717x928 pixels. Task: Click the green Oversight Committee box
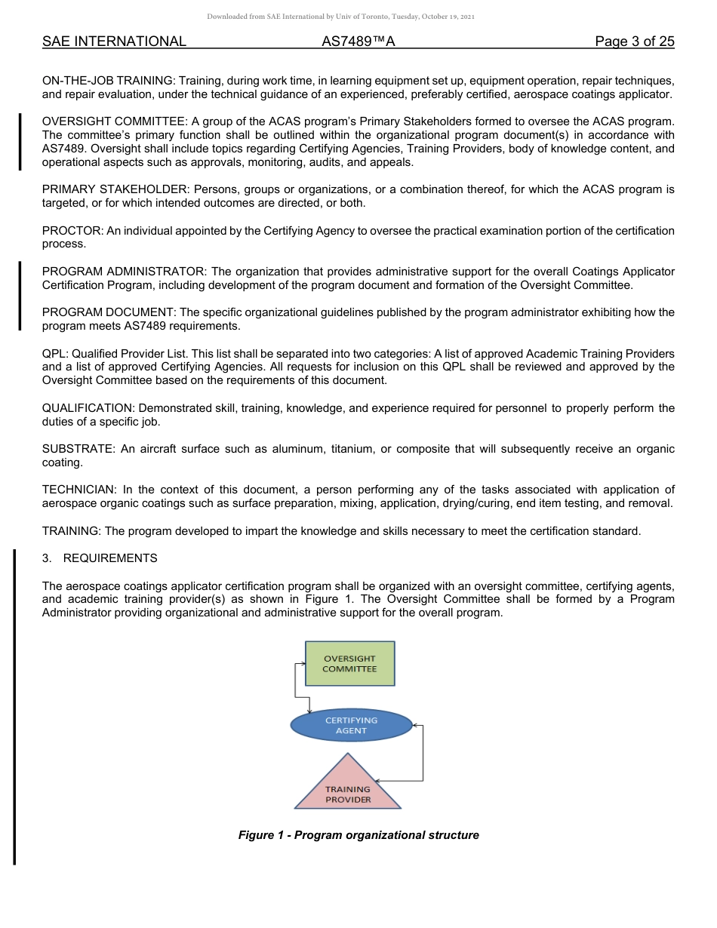coord(349,663)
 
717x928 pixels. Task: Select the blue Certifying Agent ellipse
coord(351,725)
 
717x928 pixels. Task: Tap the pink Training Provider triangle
coord(348,789)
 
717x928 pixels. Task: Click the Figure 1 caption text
coord(358,835)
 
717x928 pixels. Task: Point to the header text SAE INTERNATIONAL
coord(114,41)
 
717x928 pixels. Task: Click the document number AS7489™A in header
coord(358,41)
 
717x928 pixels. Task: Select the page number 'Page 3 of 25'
coord(634,41)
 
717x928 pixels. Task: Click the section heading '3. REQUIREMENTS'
coord(100,558)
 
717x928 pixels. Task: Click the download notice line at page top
coord(358,17)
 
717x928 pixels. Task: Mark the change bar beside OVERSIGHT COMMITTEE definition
coord(20,142)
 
